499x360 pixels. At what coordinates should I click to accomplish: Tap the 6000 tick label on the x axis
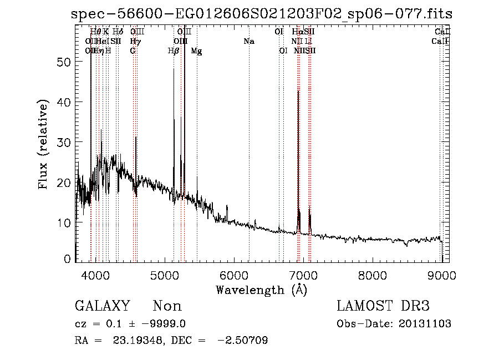click(234, 275)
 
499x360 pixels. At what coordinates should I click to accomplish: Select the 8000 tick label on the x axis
click(372, 275)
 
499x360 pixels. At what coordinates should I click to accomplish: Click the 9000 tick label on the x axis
click(441, 275)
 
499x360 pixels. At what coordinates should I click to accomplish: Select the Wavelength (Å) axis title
click(261, 290)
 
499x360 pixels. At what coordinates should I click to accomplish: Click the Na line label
click(249, 41)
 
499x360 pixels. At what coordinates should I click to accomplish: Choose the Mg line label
click(196, 50)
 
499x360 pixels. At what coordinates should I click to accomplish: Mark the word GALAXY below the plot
click(103, 306)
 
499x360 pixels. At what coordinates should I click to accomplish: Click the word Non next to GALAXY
click(167, 306)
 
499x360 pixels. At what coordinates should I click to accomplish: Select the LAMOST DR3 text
click(383, 306)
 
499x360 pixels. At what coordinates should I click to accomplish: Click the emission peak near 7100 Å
click(309, 214)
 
